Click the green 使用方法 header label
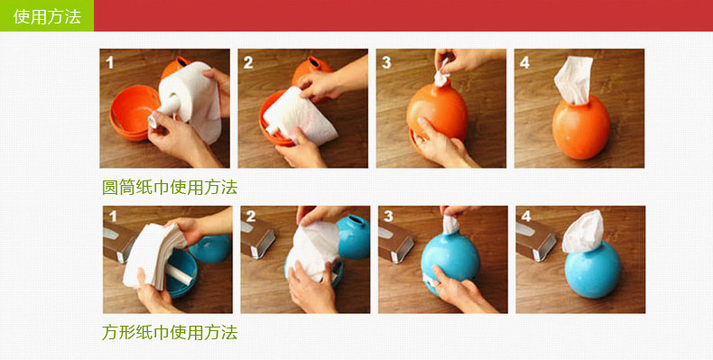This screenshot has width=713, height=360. (47, 16)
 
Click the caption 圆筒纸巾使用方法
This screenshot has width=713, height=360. (170, 188)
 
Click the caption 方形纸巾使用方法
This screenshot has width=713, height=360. (170, 332)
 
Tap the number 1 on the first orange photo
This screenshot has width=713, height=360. (109, 62)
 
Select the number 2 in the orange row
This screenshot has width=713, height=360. (248, 62)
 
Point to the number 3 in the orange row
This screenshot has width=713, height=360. (386, 62)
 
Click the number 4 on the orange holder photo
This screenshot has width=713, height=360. (524, 62)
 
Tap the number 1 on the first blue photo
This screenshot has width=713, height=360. (113, 217)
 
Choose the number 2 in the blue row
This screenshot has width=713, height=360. (251, 217)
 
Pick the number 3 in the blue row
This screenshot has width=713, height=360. (388, 217)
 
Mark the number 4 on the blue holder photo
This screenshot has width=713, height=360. (526, 217)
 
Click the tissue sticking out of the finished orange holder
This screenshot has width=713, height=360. (574, 79)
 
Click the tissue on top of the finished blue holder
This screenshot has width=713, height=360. (583, 232)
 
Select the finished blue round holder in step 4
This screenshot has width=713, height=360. (592, 271)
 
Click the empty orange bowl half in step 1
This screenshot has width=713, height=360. (132, 112)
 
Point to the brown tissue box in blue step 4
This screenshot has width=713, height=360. (536, 239)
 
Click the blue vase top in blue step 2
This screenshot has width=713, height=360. (353, 236)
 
